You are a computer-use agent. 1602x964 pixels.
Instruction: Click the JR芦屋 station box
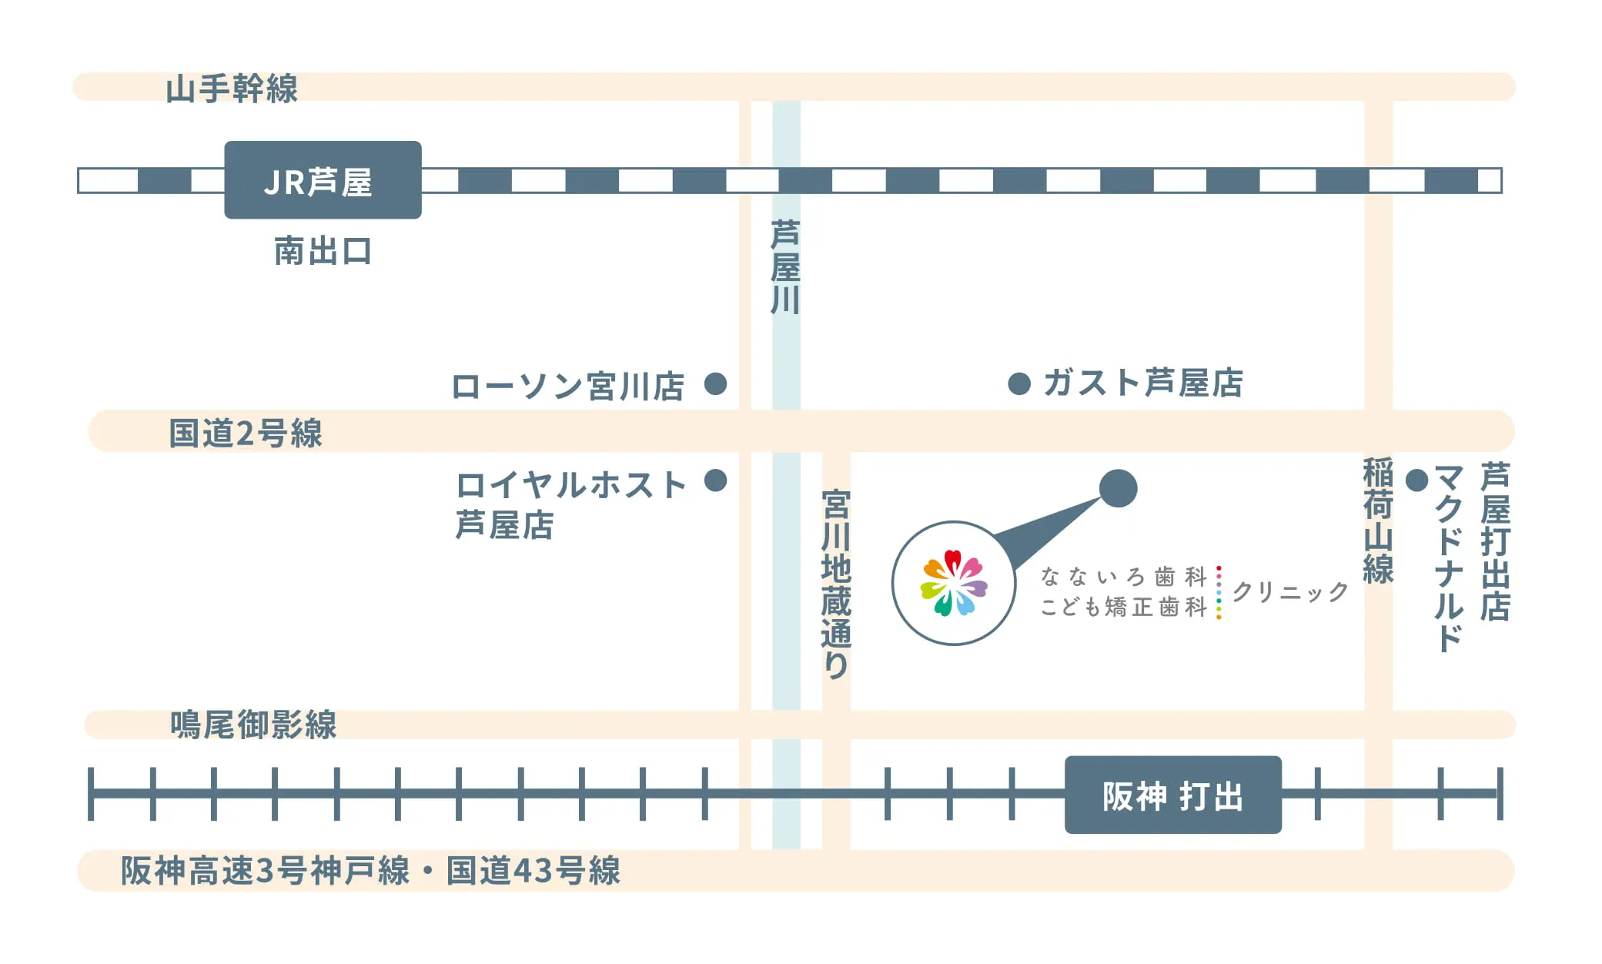[323, 180]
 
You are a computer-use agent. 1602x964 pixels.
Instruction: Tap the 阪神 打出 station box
[1172, 795]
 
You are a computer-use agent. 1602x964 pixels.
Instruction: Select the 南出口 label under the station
[323, 251]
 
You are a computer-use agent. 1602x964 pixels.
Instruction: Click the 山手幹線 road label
[232, 89]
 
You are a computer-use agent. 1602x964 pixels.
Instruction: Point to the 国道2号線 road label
[246, 433]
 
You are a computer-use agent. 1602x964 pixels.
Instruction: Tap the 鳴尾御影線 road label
[253, 725]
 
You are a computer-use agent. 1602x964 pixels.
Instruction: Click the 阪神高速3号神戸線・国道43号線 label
[370, 871]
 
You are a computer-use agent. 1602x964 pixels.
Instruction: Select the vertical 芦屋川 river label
[786, 267]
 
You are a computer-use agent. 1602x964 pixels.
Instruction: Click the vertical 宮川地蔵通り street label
[836, 584]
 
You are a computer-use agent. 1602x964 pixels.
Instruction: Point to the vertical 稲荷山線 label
[1378, 520]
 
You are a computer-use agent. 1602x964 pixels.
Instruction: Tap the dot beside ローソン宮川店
[716, 383]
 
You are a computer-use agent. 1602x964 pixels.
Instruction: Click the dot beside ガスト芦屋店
[1019, 383]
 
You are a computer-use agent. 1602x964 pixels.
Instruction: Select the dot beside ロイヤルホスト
[716, 480]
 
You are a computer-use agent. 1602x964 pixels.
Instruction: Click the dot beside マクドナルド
[1416, 480]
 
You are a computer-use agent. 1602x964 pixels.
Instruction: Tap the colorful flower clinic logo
[954, 583]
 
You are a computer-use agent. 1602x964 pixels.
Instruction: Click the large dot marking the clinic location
[1118, 488]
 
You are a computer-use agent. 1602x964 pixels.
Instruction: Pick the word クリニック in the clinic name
[1290, 591]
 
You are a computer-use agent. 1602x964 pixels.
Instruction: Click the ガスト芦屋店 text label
[1143, 383]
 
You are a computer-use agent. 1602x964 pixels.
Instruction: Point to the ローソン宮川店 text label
[567, 386]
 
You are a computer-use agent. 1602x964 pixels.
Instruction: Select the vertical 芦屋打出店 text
[1495, 541]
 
